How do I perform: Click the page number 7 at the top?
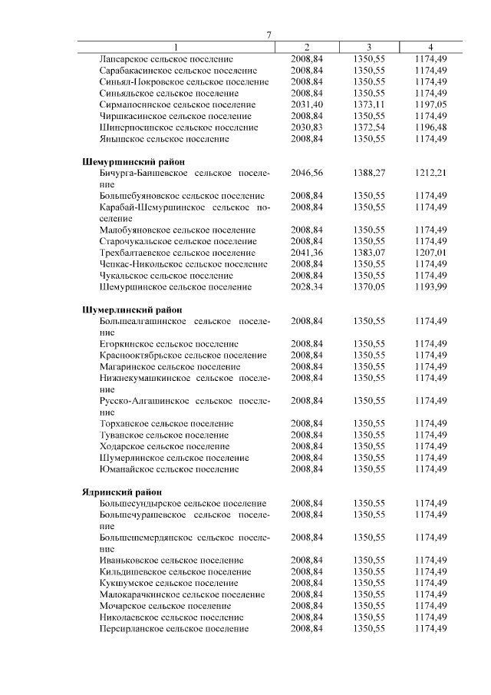coord(269,35)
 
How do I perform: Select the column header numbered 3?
coord(369,47)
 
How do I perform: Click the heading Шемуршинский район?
coord(131,162)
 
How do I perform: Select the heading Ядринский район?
coord(120,491)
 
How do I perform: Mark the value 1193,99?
coord(430,286)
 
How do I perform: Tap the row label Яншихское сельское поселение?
coord(164,139)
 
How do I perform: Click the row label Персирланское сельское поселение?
coord(174,628)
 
